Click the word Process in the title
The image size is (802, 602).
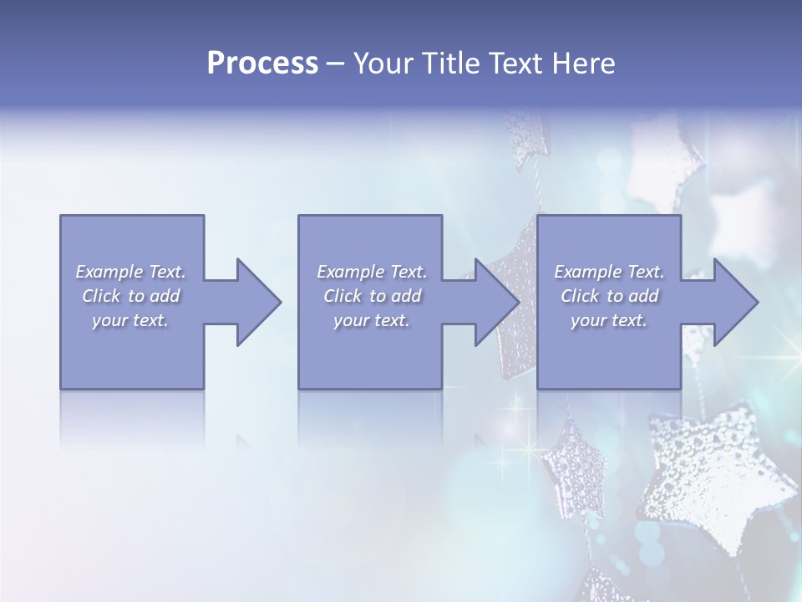click(x=262, y=64)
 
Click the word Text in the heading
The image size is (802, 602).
click(x=514, y=64)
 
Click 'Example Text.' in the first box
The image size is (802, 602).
click(x=131, y=272)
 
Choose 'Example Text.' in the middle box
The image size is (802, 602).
click(x=372, y=272)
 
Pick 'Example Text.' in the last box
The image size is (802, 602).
click(x=609, y=272)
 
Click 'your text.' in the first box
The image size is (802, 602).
click(x=130, y=320)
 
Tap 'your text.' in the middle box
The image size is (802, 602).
click(x=371, y=320)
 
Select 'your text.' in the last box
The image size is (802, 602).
click(x=608, y=320)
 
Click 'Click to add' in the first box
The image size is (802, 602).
click(x=131, y=296)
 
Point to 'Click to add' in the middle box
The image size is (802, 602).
click(x=372, y=296)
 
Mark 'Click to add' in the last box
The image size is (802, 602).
click(x=609, y=296)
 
